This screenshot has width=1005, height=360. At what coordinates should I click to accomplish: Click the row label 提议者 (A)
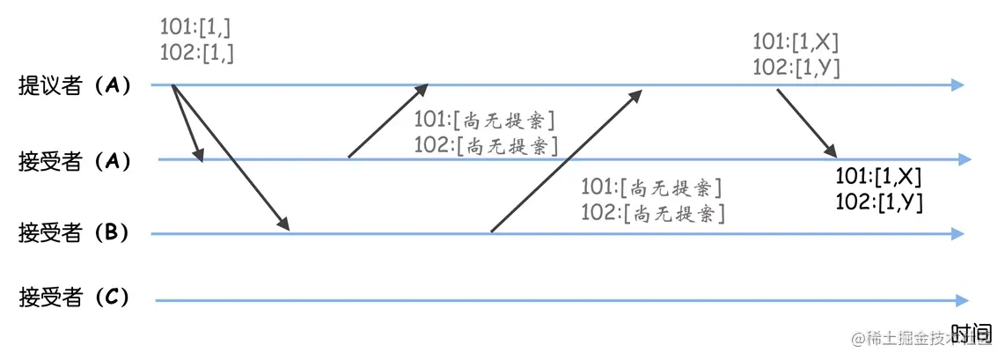tap(75, 85)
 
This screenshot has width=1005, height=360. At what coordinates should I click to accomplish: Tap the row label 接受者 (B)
tap(75, 233)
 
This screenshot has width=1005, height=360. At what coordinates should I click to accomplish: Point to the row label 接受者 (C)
tap(75, 298)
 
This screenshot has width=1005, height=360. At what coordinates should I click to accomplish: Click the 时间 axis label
tap(972, 333)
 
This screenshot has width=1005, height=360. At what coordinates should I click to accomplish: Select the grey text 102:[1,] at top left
tap(197, 52)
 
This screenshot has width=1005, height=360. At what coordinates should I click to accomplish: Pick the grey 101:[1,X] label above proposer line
tap(796, 41)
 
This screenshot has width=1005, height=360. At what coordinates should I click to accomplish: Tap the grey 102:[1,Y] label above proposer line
tap(796, 66)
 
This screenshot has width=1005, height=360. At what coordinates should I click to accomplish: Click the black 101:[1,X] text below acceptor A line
tap(877, 177)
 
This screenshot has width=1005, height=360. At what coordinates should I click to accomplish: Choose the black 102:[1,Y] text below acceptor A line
tap(877, 202)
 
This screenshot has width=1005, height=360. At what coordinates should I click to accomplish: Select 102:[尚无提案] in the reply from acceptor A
tap(487, 144)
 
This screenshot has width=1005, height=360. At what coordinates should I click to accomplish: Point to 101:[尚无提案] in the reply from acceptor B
tap(652, 187)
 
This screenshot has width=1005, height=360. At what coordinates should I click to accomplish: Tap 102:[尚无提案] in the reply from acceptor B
tap(652, 212)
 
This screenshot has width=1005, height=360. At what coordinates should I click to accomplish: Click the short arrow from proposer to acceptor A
tap(187, 124)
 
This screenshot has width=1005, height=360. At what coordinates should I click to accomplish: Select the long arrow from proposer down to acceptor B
tap(231, 159)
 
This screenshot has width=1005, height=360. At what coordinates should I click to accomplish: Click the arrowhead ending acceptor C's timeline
tap(961, 300)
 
